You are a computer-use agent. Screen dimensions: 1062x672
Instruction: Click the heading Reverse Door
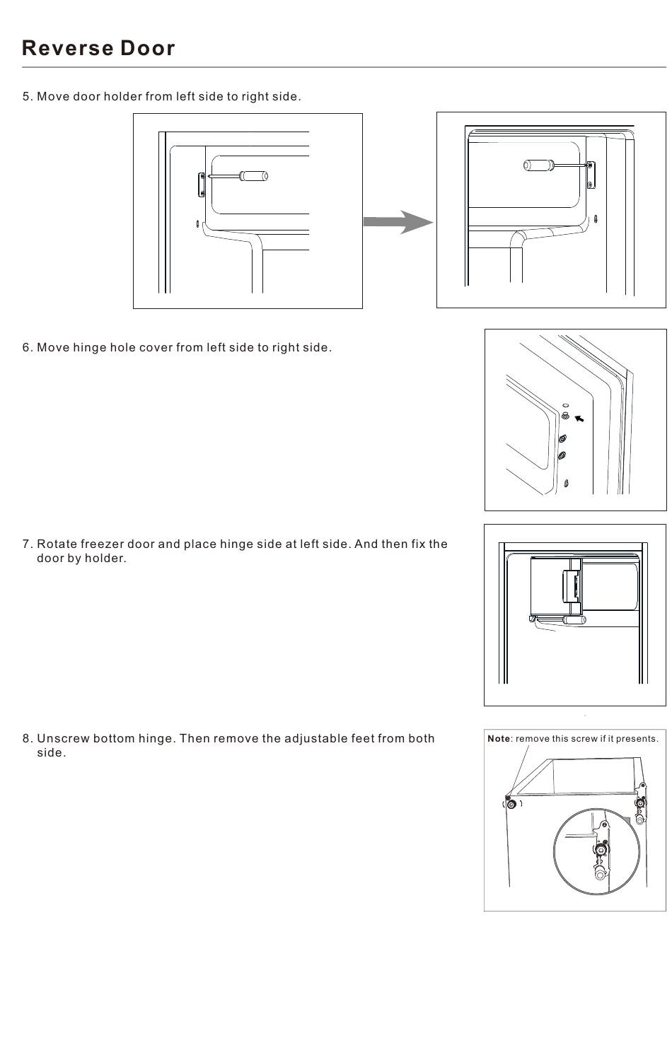click(98, 48)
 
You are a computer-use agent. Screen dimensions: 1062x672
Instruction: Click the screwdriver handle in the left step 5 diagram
click(253, 176)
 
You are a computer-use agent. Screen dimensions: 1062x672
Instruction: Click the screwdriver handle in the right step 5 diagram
click(537, 165)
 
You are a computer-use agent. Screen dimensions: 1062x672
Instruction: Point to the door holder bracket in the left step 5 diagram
click(202, 185)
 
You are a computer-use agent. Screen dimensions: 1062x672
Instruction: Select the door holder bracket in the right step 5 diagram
click(591, 175)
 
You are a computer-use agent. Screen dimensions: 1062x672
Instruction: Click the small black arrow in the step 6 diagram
click(579, 419)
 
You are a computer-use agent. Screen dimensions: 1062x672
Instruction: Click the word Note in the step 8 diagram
click(498, 739)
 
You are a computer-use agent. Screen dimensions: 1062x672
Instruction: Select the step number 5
click(27, 97)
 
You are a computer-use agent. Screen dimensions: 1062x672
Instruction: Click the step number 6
click(27, 348)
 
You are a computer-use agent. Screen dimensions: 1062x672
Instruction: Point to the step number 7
click(27, 544)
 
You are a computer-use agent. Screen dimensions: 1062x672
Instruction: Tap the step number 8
click(27, 739)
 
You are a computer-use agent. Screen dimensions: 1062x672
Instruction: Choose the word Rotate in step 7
click(57, 544)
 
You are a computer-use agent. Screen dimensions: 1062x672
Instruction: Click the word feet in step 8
click(362, 739)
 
